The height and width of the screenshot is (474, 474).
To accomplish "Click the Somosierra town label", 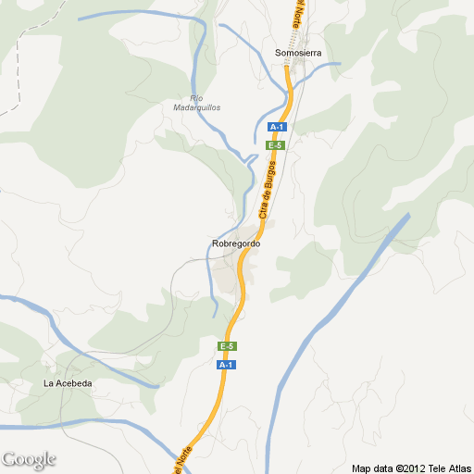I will tap(298, 53).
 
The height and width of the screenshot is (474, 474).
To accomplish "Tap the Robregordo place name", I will tap(236, 243).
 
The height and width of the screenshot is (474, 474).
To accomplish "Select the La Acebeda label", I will tap(68, 383).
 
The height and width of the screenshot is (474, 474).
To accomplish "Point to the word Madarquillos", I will tap(197, 107).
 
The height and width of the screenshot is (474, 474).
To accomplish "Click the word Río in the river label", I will tap(196, 98).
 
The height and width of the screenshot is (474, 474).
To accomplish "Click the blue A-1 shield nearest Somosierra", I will tap(276, 127).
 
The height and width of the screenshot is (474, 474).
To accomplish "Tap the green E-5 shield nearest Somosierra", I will tap(274, 145).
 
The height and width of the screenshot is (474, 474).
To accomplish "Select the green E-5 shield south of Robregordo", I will tap(227, 346).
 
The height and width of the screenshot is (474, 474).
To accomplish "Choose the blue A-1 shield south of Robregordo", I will tap(226, 365).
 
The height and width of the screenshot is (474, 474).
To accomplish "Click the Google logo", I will tap(29, 459).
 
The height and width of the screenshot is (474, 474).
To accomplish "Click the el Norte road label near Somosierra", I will tap(298, 17).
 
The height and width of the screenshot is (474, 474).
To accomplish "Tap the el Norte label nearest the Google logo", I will tap(183, 459).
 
